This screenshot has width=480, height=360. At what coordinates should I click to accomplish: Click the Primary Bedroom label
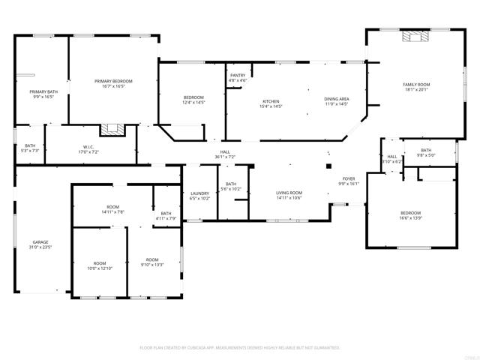113,83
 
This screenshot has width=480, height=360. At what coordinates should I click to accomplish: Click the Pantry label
238,77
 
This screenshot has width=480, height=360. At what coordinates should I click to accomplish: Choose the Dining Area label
336,102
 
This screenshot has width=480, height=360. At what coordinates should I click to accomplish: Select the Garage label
40,244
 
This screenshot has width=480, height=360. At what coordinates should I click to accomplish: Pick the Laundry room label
199,195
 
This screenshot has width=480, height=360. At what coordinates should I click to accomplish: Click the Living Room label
289,195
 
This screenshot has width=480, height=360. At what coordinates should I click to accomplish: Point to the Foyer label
349,181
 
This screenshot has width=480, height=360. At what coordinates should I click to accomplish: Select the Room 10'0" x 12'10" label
99,265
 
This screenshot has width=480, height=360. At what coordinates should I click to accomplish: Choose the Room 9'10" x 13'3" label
152,262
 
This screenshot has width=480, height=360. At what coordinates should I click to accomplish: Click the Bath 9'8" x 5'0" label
425,153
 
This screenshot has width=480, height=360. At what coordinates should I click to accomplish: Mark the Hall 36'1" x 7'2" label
224,154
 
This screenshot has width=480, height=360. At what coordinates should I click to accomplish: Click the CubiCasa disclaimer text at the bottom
240,348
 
